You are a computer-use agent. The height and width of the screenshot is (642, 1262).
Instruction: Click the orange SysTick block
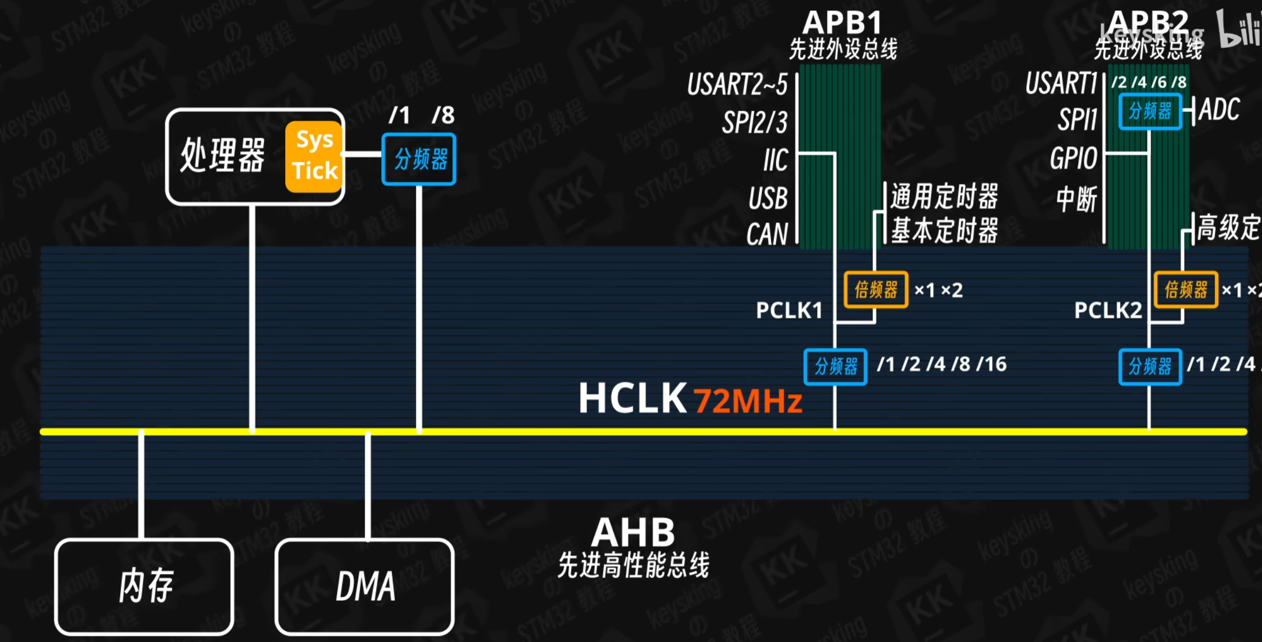click(314, 157)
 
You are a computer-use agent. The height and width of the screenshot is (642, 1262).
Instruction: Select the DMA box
click(365, 586)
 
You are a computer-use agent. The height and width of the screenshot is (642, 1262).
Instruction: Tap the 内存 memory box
click(145, 586)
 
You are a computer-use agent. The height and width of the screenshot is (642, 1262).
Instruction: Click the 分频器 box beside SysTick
click(419, 159)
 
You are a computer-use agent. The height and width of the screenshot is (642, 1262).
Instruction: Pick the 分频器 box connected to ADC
click(1150, 111)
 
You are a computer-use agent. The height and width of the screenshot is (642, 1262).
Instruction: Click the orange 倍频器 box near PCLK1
click(875, 289)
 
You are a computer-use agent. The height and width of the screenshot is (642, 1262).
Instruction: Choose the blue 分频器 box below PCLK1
click(835, 367)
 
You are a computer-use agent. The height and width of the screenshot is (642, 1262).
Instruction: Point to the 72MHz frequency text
click(748, 401)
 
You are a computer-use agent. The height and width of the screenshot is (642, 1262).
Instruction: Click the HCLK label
click(632, 398)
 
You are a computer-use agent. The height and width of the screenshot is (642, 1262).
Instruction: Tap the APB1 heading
click(842, 23)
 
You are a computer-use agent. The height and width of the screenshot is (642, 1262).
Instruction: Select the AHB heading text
click(633, 532)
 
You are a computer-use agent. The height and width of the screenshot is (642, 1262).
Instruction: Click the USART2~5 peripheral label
click(737, 85)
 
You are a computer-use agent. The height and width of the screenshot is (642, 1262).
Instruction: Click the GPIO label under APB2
click(1073, 159)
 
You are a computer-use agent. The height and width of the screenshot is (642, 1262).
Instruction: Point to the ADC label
click(1219, 109)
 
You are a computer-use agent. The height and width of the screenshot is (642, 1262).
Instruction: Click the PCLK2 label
click(1108, 311)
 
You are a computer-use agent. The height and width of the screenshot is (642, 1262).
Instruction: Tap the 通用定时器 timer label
click(944, 196)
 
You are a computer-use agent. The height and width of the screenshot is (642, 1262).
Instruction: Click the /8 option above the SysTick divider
click(443, 115)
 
